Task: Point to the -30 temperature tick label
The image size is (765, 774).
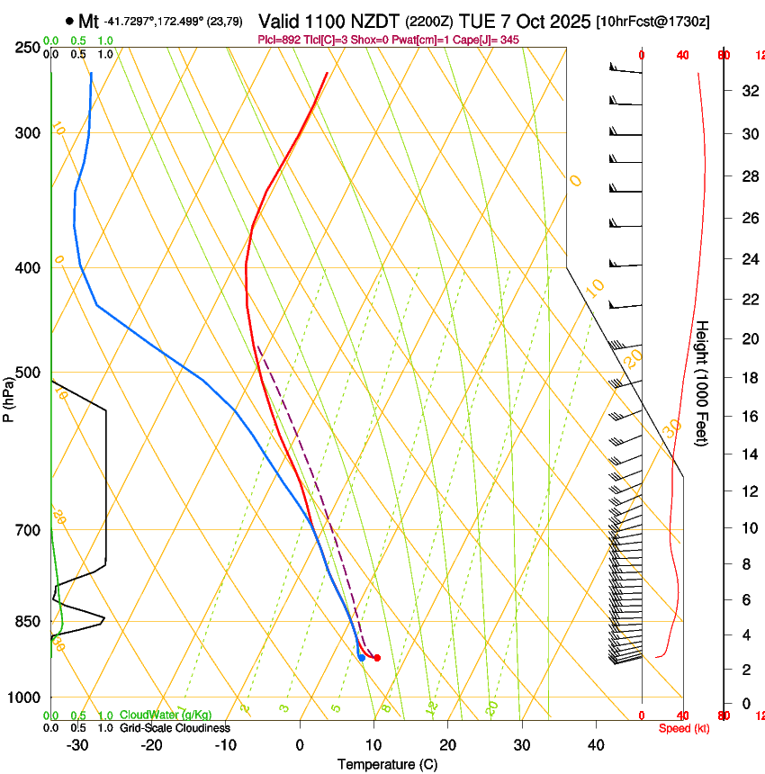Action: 77,745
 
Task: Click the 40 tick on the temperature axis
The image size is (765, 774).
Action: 596,745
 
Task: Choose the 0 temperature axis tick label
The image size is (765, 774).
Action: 300,745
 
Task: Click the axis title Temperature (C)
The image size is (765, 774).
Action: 387,764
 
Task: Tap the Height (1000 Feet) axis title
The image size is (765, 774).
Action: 703,383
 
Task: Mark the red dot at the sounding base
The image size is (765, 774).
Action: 377,658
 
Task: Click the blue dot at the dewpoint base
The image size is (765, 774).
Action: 362,658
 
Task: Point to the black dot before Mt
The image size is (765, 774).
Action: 69,20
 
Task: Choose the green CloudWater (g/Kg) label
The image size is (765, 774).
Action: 166,715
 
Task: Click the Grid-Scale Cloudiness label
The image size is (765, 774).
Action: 175,728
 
